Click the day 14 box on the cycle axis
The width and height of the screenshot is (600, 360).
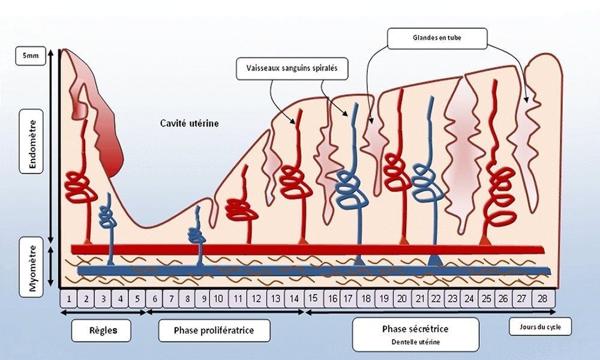point(294,298)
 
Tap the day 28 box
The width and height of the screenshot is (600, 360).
point(543,298)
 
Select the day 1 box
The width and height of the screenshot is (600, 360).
point(69,298)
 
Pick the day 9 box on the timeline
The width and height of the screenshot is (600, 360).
point(203,298)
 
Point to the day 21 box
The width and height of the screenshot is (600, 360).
point(420,298)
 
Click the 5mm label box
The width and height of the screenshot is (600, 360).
point(31,56)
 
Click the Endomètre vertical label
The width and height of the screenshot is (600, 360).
point(31,141)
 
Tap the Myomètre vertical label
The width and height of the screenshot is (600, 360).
point(31,268)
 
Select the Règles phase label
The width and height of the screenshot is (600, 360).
point(101,330)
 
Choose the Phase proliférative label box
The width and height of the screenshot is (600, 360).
point(214,331)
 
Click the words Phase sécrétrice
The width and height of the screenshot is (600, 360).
point(415,329)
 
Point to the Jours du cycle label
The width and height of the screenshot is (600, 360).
point(541,327)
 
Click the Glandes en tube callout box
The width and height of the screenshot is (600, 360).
point(437,38)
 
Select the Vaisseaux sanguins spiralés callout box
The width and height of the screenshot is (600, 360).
point(292,68)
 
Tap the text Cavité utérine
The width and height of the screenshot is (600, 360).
point(190,123)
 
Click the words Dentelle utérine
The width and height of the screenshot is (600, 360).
point(416,342)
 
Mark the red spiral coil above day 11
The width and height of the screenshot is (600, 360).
point(241,209)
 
